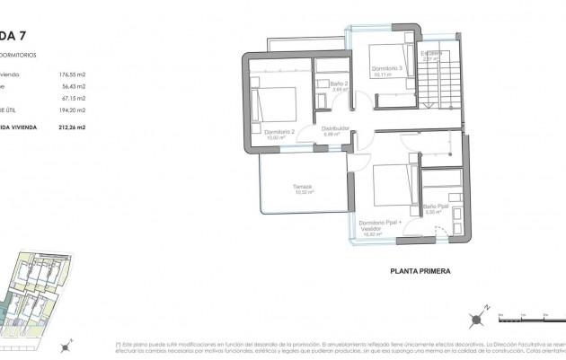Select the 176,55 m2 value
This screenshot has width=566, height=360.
[x=71, y=75]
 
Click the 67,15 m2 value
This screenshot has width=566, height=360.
[x=73, y=99]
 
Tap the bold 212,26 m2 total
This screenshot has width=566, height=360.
[x=70, y=127]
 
